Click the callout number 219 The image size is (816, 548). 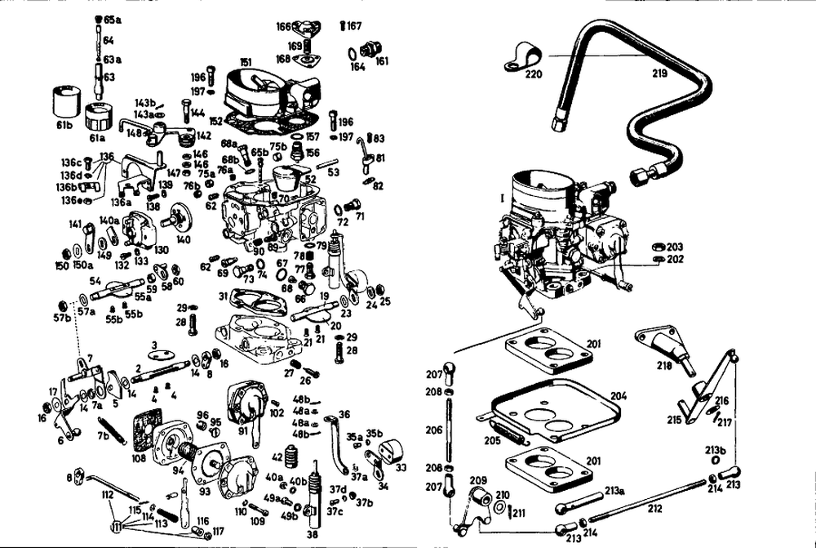click(x=660, y=74)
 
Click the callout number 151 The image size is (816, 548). click(x=246, y=62)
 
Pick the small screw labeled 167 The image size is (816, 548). click(x=343, y=26)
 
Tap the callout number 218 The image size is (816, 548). click(x=664, y=367)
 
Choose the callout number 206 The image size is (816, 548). click(x=434, y=429)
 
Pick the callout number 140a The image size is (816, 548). click(x=109, y=221)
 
